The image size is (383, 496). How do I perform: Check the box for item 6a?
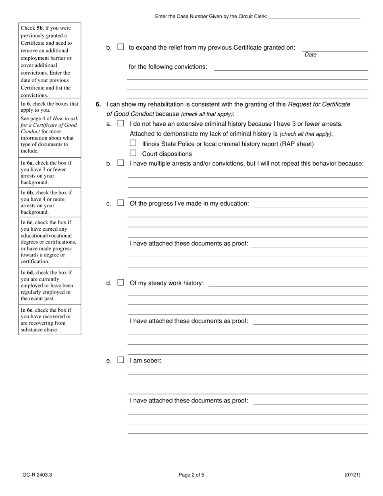pos(121,124)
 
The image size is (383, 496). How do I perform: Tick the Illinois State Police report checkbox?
pos(133,143)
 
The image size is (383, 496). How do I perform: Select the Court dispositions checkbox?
pos(133,153)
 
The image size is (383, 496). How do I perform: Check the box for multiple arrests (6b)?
pos(121,163)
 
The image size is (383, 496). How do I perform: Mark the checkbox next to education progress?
pos(121,203)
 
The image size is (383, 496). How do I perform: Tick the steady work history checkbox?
pos(121,283)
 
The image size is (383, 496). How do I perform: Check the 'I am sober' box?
pos(121,360)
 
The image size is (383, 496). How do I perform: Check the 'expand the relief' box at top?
pos(121,47)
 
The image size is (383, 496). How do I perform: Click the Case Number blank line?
pos(314,17)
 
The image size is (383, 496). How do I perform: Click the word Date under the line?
pos(310,55)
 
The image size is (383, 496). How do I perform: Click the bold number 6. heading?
pos(98,104)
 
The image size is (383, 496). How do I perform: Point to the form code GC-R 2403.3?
pos(37,475)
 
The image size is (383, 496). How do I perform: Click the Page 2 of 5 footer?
pos(191,475)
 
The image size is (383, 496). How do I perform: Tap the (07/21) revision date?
pos(352,475)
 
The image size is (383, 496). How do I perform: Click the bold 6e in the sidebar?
pos(30,310)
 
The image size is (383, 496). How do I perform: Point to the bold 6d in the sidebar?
pos(30,273)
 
